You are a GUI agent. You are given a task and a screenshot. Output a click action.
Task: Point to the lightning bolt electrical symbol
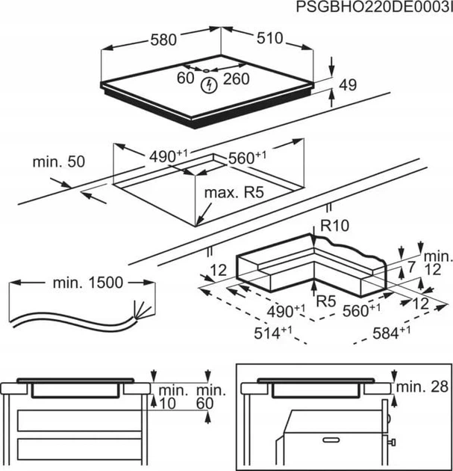point(210,85)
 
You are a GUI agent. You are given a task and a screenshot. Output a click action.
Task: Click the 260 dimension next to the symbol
point(235,77)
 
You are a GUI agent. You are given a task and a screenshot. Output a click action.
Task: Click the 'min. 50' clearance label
point(59,161)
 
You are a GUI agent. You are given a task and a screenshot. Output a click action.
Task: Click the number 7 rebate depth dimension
point(411,267)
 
